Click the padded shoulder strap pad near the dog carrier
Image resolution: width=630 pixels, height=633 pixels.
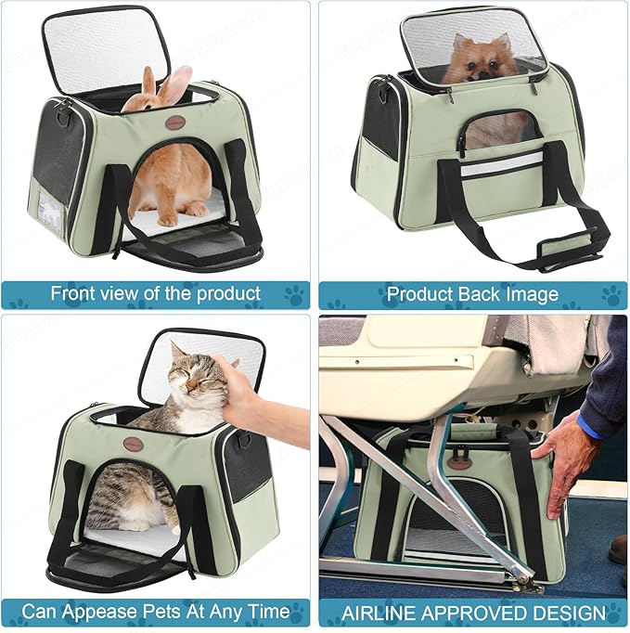click(x=567, y=243)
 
